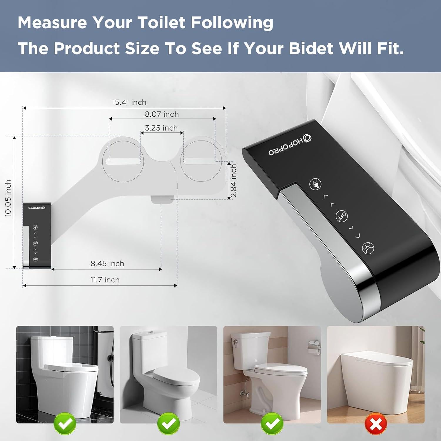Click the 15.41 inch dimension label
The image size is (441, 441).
coord(129,102)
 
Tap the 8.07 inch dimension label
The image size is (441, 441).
coord(162,114)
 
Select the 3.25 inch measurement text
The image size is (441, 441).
coord(161,128)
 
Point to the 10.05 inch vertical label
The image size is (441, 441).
coord(8,198)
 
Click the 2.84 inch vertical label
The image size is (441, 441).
coord(233,181)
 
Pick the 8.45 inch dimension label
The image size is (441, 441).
coord(107,263)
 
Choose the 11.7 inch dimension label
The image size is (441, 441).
coord(105,280)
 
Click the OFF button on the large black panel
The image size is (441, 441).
coord(342,216)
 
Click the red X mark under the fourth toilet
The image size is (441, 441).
coord(376,424)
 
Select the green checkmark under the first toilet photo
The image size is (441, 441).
coord(65,424)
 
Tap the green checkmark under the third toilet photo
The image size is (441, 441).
coord(272,424)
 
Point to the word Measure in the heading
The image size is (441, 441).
coord(52,22)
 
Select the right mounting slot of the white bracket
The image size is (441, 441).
coord(200,161)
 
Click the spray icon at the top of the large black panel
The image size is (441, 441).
coord(315,184)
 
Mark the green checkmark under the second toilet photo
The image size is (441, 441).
coord(168,424)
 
